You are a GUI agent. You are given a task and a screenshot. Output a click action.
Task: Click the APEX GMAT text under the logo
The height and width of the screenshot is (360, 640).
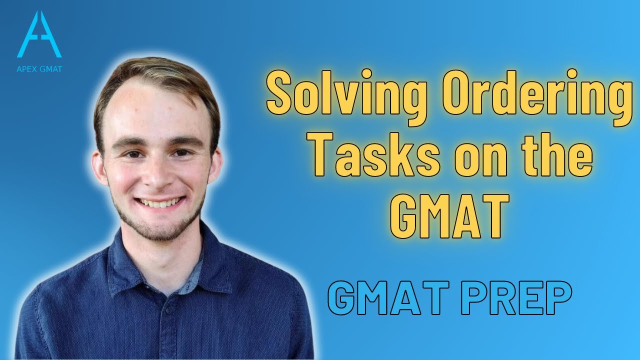coord(39,69)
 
